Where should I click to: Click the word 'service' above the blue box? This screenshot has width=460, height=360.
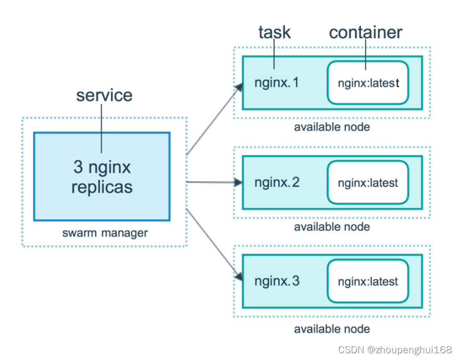pyautogui.click(x=104, y=95)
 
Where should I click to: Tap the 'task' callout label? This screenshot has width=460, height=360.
pyautogui.click(x=275, y=32)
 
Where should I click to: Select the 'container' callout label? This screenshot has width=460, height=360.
pyautogui.click(x=366, y=32)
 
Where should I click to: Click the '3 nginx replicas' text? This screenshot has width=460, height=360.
pyautogui.click(x=102, y=177)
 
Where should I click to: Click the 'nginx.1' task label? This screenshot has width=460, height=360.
pyautogui.click(x=277, y=83)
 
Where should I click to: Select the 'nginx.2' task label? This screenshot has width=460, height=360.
pyautogui.click(x=277, y=182)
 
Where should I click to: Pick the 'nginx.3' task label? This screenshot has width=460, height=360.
pyautogui.click(x=277, y=281)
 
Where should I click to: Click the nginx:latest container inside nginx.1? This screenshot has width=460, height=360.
pyautogui.click(x=368, y=83)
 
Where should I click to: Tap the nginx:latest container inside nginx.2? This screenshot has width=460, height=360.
pyautogui.click(x=368, y=182)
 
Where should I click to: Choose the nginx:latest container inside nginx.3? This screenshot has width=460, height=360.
pyautogui.click(x=368, y=281)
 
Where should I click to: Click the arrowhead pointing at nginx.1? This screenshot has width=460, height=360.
pyautogui.click(x=239, y=86)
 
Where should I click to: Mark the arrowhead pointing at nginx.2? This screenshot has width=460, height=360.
pyautogui.click(x=239, y=183)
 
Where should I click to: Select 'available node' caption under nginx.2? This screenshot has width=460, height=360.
pyautogui.click(x=332, y=227)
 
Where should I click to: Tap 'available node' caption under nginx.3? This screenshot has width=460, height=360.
pyautogui.click(x=332, y=329)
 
